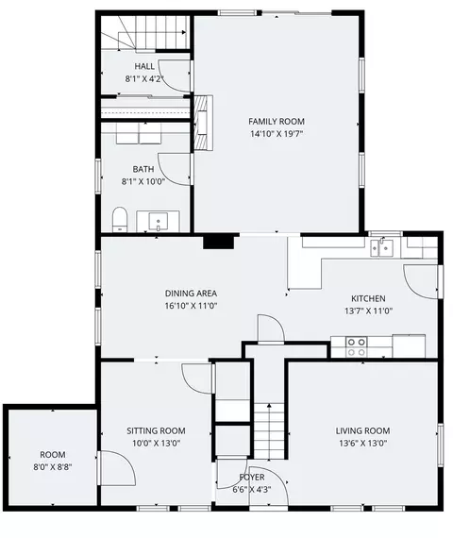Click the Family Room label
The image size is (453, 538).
[x=277, y=122]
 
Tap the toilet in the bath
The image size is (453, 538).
[x=120, y=219]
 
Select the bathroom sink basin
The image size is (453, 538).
[x=159, y=221]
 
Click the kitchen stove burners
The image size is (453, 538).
[x=356, y=347]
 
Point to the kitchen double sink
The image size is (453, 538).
[x=381, y=247]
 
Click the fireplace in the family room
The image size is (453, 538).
[x=204, y=123]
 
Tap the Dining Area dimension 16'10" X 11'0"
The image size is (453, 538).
[x=191, y=306]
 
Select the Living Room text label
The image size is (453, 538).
[x=362, y=431]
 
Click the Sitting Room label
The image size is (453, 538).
[x=156, y=431]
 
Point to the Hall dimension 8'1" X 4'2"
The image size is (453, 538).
[x=143, y=79]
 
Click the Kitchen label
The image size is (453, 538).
[x=368, y=298]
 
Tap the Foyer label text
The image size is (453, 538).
[x=252, y=478]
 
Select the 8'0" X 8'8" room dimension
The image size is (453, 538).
[x=53, y=467]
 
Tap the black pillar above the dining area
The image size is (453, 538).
[x=219, y=242]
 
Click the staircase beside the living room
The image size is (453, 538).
[x=269, y=431]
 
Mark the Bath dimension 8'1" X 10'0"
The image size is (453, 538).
[x=143, y=181]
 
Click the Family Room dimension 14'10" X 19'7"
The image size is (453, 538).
[x=277, y=134]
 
